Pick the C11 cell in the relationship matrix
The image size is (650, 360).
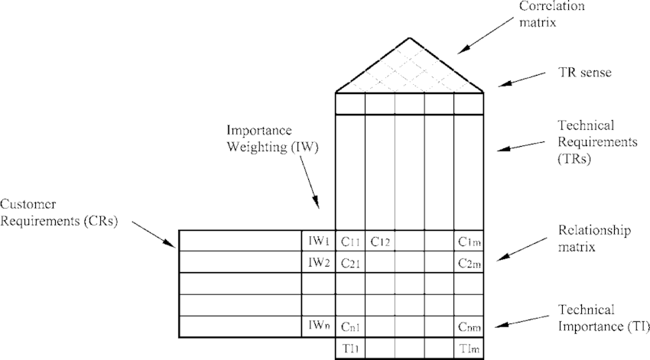350,241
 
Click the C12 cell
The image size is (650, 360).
380,241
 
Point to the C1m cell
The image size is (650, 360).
469,241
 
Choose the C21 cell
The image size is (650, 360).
350,262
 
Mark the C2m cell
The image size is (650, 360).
469,262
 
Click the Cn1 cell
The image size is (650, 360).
350,326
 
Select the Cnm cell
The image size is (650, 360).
469,326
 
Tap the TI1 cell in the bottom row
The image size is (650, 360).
350,348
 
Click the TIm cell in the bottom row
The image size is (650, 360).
469,348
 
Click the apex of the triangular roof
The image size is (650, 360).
410,37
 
